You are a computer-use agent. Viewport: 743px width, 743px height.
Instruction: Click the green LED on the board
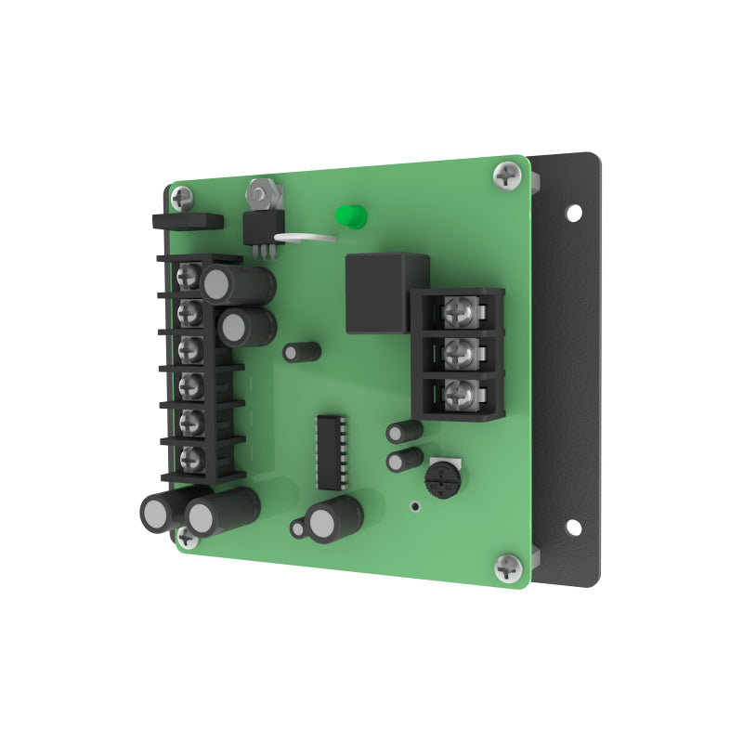pos(350,216)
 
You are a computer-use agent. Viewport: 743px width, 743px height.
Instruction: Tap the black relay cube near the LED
pos(386,293)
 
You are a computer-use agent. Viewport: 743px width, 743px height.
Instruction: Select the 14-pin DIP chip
pos(331,452)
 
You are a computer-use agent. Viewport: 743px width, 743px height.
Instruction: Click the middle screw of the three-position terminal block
pos(460,353)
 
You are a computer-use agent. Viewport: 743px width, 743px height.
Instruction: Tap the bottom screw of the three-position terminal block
pos(460,396)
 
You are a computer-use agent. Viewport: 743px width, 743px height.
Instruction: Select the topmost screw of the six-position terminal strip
pos(190,275)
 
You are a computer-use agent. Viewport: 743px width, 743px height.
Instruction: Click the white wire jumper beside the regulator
pos(306,239)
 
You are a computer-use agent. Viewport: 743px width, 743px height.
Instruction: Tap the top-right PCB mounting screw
pos(508,174)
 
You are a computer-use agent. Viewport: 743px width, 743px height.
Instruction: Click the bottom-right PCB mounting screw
pos(508,566)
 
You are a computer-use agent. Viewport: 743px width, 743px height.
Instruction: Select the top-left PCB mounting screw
pos(182,196)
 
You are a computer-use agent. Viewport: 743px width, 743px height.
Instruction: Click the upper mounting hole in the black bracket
pos(574,213)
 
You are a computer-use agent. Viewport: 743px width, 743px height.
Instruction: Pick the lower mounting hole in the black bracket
pos(574,528)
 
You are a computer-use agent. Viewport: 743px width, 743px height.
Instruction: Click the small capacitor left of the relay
pos(302,352)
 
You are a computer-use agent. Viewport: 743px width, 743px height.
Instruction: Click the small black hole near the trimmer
pos(414,507)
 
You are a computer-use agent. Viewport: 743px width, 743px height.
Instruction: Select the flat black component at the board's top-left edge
pos(187,221)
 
